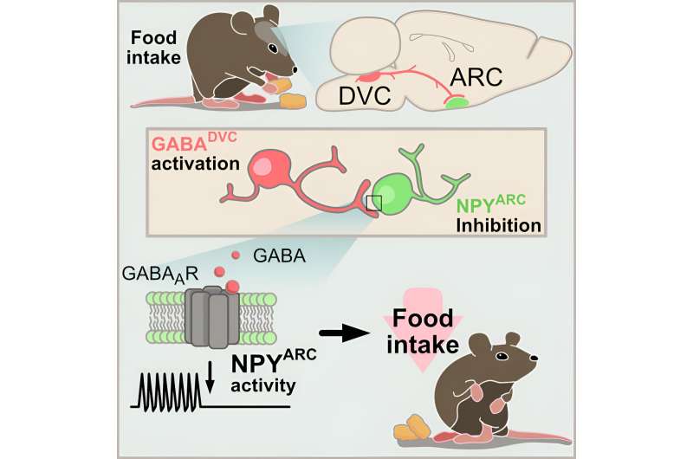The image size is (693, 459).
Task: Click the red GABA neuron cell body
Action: tap(271, 168)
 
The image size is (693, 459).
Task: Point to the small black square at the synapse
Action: tap(373, 203)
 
